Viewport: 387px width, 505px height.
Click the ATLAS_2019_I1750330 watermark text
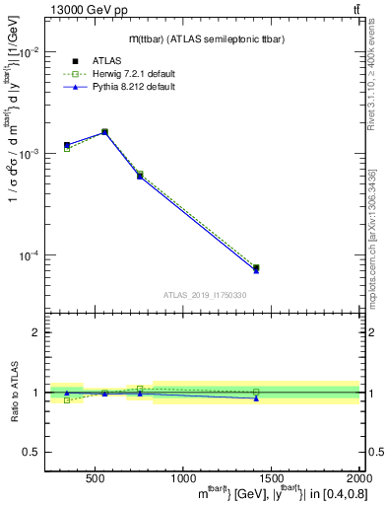pyautogui.click(x=204, y=294)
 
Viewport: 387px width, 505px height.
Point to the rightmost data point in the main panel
pyautogui.click(x=256, y=268)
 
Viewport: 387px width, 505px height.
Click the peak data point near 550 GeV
pyautogui.click(x=104, y=131)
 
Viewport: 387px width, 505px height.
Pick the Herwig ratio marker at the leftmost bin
pyautogui.click(x=67, y=400)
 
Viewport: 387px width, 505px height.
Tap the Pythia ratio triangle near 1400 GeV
pyautogui.click(x=256, y=398)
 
